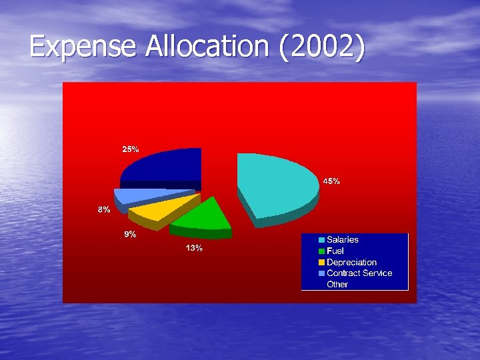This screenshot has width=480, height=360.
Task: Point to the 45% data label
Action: click(331, 181)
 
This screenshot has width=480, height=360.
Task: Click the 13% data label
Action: click(194, 249)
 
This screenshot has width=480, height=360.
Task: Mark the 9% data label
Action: click(130, 235)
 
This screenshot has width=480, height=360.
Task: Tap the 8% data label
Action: click(104, 210)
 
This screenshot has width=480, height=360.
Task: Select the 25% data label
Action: click(130, 149)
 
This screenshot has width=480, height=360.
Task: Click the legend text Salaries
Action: click(342, 239)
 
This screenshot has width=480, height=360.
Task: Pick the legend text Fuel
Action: click(335, 251)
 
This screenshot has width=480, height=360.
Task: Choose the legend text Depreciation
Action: click(351, 262)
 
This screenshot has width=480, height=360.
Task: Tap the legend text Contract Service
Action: click(359, 273)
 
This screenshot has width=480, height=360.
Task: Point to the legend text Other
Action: click(337, 284)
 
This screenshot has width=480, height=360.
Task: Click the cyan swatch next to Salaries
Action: click(322, 240)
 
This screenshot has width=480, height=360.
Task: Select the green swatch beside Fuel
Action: click(322, 251)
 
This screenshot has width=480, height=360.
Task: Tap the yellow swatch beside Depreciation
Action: click(322, 263)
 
